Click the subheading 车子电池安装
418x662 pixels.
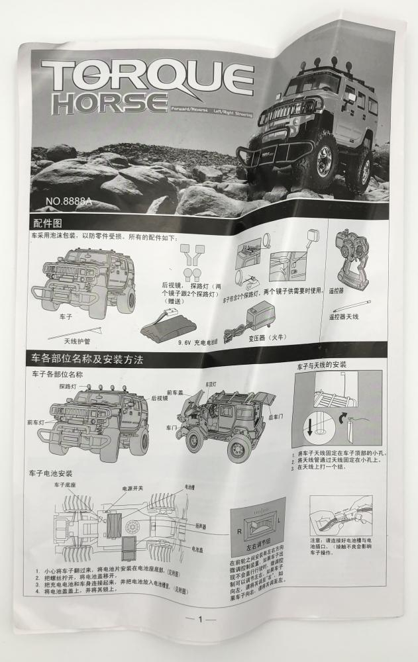point(51,474)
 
